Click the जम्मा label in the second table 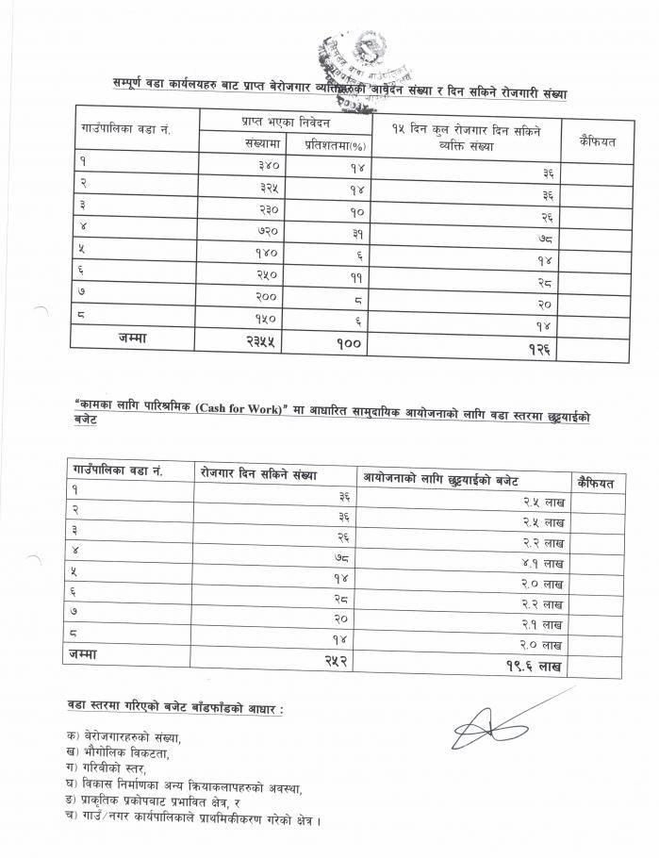pyautogui.click(x=82, y=653)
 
